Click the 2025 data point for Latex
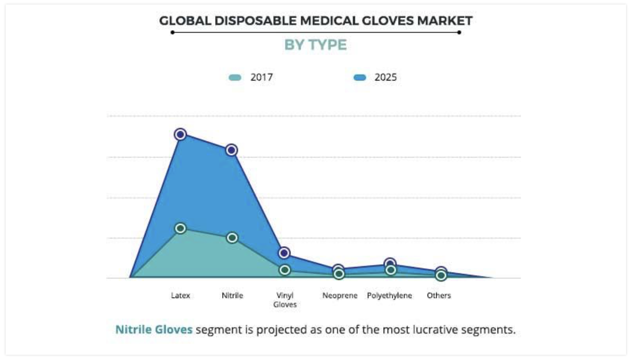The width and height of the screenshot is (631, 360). tap(181, 134)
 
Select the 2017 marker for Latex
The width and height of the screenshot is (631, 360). tap(181, 228)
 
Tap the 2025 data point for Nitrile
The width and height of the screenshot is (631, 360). tap(232, 150)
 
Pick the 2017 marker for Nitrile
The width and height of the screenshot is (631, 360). tap(232, 237)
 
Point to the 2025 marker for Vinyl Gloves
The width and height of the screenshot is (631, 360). tap(284, 253)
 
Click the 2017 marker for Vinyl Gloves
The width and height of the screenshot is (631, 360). tap(285, 270)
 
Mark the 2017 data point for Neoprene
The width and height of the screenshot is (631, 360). tap(339, 274)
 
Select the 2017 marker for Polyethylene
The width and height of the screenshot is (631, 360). tap(391, 270)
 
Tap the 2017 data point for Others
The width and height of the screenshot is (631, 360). tap(441, 276)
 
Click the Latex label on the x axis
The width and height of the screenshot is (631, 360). tap(181, 295)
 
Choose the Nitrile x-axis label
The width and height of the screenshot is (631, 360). tap(232, 295)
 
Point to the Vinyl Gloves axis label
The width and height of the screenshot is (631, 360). tap(285, 300)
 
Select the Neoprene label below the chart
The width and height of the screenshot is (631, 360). tap(340, 295)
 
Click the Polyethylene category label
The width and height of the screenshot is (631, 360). tap(389, 295)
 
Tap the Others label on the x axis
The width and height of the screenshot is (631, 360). tap(438, 295)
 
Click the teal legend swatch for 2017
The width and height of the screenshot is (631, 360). tap(235, 78)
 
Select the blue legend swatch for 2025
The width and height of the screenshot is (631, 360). tap(359, 78)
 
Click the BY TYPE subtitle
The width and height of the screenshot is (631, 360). tap(315, 45)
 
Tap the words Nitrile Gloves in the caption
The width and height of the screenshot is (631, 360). tap(154, 330)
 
